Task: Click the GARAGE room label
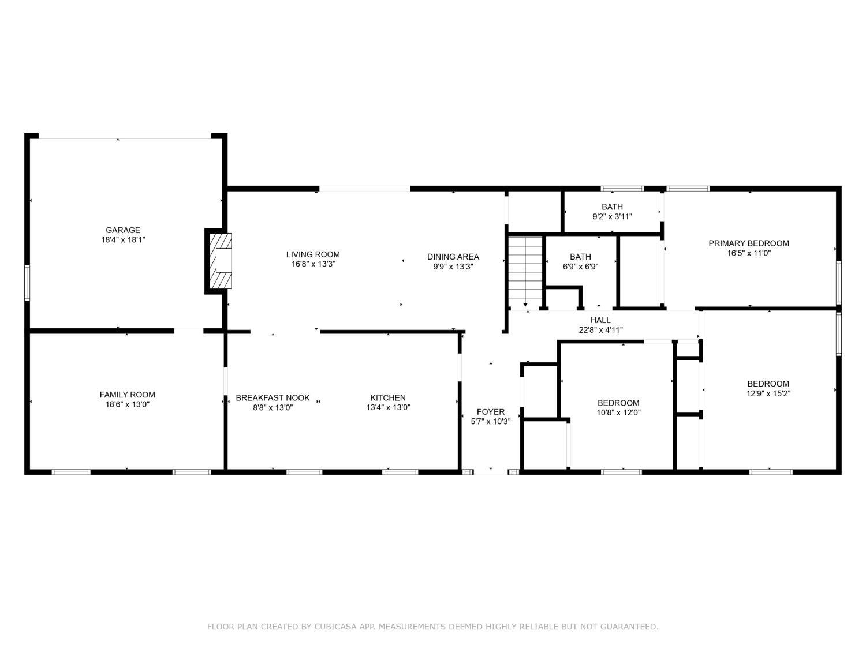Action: [123, 230]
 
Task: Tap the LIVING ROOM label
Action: [313, 254]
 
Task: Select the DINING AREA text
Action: [453, 257]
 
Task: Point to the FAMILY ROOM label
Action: [127, 395]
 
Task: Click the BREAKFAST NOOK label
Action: [273, 398]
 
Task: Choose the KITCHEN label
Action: [388, 398]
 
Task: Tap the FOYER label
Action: [490, 412]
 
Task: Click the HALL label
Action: [600, 320]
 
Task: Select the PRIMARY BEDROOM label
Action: [749, 243]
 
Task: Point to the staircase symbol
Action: [525, 272]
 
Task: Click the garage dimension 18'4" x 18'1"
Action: [123, 239]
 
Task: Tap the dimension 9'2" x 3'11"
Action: [612, 216]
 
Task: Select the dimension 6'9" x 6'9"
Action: [580, 267]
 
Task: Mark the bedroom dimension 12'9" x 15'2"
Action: [768, 393]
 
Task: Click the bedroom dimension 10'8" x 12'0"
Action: [618, 412]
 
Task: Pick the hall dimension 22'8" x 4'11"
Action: [600, 330]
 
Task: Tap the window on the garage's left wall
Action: [27, 283]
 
